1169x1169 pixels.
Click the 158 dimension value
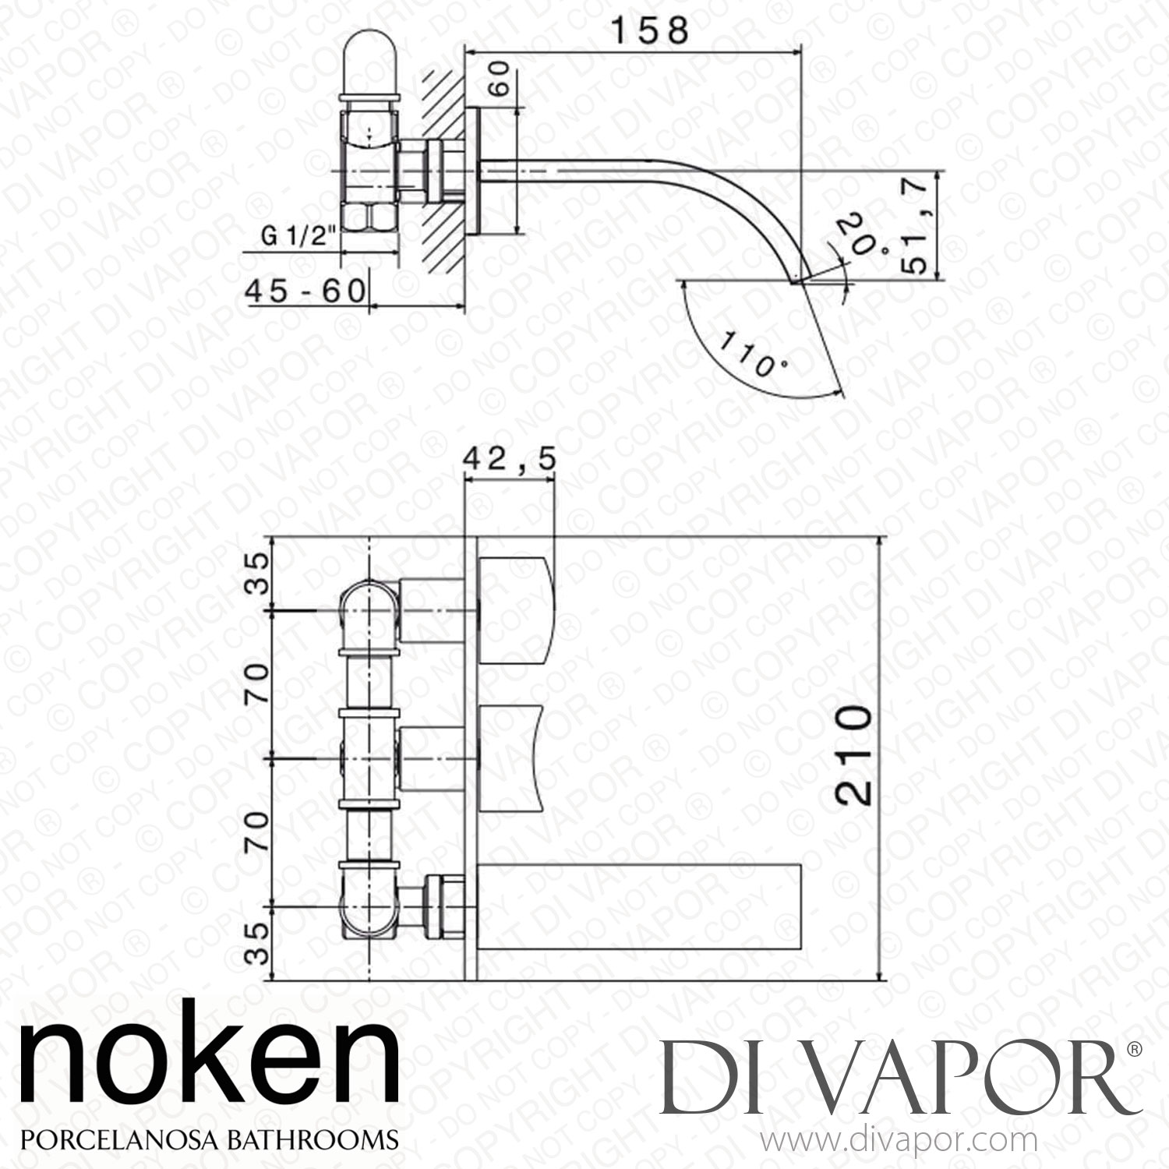pyautogui.click(x=649, y=31)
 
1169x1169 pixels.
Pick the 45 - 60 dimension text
pyautogui.click(x=305, y=291)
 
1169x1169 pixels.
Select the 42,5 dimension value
pyautogui.click(x=510, y=461)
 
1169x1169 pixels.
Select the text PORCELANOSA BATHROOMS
pyautogui.click(x=209, y=1139)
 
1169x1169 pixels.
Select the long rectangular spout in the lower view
pyautogui.click(x=639, y=906)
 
